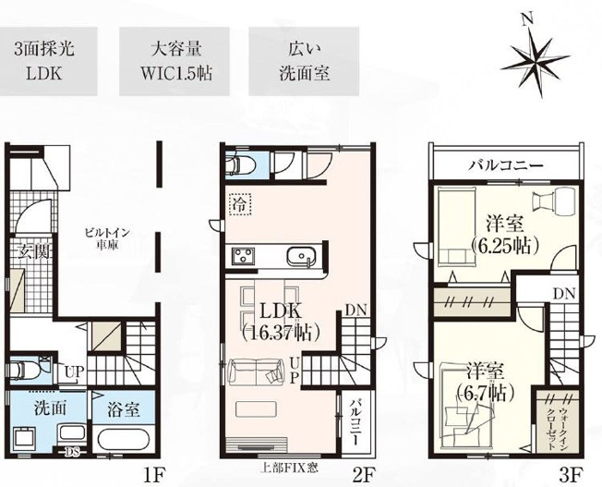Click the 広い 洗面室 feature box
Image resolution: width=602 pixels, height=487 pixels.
pyautogui.click(x=304, y=60)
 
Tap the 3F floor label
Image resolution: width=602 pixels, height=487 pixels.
pyautogui.click(x=572, y=477)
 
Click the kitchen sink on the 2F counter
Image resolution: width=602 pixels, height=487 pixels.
pyautogui.click(x=302, y=257)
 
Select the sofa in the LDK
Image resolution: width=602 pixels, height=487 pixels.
pyautogui.click(x=257, y=373)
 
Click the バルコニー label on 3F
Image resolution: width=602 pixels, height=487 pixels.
pyautogui.click(x=504, y=166)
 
